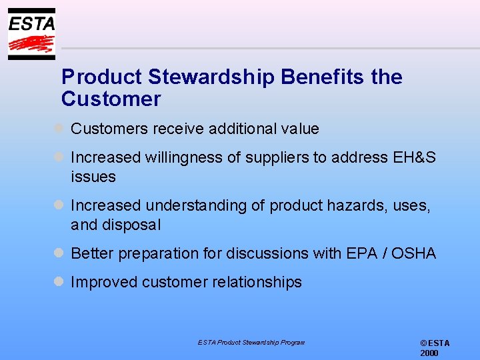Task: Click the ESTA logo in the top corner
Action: pyautogui.click(x=31, y=34)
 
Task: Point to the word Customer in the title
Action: pyautogui.click(x=111, y=99)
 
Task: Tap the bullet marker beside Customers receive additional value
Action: pyautogui.click(x=59, y=128)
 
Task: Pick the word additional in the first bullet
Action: pyautogui.click(x=239, y=129)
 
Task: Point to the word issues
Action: pyautogui.click(x=93, y=177)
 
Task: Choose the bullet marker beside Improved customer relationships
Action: pyautogui.click(x=59, y=281)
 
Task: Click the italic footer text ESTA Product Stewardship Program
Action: pyautogui.click(x=251, y=342)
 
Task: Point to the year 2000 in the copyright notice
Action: pyautogui.click(x=429, y=353)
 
